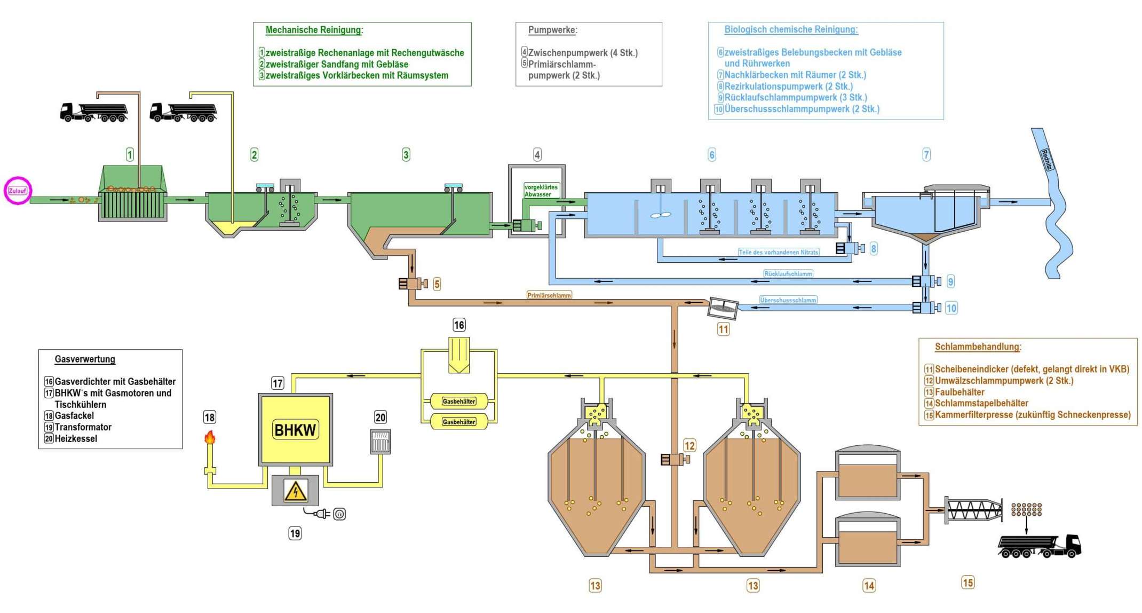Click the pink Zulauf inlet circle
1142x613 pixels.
click(x=18, y=191)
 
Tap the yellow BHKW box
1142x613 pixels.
click(x=295, y=430)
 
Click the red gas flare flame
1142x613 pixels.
click(x=210, y=438)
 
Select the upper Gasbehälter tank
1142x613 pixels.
click(x=459, y=401)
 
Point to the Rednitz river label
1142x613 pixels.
click(x=1046, y=159)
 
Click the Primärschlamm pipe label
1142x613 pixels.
click(x=549, y=295)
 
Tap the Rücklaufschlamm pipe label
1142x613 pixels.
click(x=788, y=274)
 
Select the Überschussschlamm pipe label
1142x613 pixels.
click(x=788, y=300)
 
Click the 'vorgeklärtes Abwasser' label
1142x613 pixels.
click(x=541, y=191)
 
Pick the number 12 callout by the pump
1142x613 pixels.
click(x=689, y=445)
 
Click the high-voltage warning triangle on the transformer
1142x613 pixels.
click(x=295, y=491)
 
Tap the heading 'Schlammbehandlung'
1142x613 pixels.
click(x=977, y=347)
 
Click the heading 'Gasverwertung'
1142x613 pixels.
click(x=85, y=359)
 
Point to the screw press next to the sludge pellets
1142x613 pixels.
click(x=973, y=510)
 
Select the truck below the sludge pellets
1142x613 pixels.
click(x=1039, y=546)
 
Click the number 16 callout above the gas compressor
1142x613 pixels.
click(x=459, y=325)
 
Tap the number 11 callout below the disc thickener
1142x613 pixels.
click(x=723, y=329)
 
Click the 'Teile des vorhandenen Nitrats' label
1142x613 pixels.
click(x=778, y=252)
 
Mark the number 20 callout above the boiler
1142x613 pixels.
click(x=380, y=417)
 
